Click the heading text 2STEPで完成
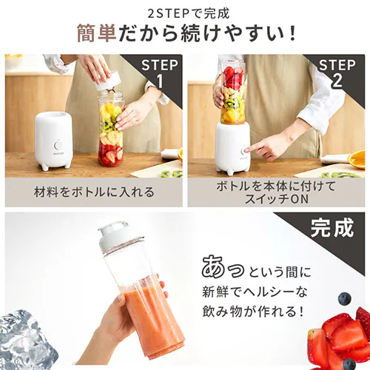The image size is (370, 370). pyautogui.click(x=185, y=13)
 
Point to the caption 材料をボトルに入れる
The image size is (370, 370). pyautogui.click(x=94, y=192)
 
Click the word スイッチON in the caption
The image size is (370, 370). pyautogui.click(x=276, y=198)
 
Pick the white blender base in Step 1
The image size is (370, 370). pyautogui.click(x=53, y=139)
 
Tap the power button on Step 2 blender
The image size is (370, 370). pyautogui.click(x=243, y=150)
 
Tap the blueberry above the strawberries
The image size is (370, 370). pyautogui.click(x=345, y=298)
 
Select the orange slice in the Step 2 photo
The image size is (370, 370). pyautogui.click(x=357, y=158)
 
